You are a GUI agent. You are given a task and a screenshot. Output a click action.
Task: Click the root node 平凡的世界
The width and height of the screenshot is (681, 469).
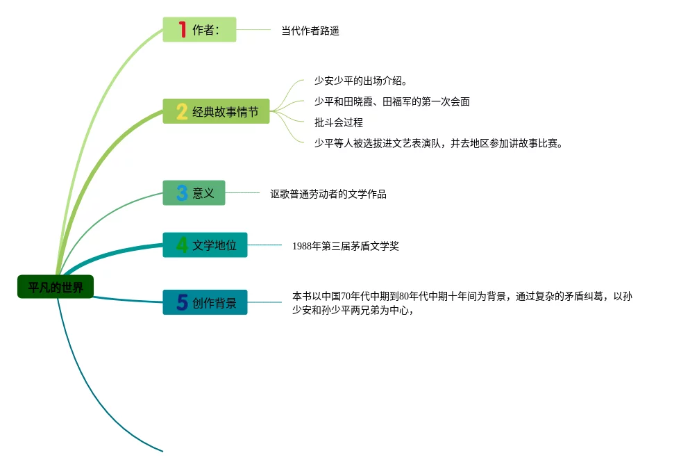56,287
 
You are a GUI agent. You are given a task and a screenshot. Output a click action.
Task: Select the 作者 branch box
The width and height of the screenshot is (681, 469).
199,30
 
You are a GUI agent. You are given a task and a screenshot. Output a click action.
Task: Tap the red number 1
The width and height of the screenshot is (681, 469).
183,30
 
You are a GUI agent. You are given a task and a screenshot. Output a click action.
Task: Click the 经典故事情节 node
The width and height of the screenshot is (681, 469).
217,111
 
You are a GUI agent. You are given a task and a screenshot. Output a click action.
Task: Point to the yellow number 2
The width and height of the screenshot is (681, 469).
182,111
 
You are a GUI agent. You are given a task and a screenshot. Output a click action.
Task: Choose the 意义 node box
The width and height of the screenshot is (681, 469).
194,193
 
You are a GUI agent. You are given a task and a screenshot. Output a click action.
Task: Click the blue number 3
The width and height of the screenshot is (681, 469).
182,193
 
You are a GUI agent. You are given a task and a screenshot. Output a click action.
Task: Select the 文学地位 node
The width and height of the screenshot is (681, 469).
205,245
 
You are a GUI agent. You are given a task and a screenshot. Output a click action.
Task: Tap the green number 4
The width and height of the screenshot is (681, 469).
182,245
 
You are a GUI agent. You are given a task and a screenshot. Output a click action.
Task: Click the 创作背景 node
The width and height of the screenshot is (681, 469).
205,303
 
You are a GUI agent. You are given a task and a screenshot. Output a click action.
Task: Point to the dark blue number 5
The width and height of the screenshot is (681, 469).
182,303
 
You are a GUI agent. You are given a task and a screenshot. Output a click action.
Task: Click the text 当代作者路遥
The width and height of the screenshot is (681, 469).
310,31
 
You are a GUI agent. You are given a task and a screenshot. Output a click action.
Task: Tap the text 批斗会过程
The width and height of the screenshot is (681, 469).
339,123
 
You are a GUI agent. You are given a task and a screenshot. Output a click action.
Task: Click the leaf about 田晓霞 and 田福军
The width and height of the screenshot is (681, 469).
392,102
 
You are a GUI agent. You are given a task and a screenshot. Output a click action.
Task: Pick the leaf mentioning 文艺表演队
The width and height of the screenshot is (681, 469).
437,144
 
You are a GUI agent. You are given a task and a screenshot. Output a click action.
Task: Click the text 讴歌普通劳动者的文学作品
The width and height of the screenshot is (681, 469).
328,195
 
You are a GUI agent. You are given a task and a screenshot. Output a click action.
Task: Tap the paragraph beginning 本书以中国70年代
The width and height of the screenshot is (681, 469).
462,303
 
